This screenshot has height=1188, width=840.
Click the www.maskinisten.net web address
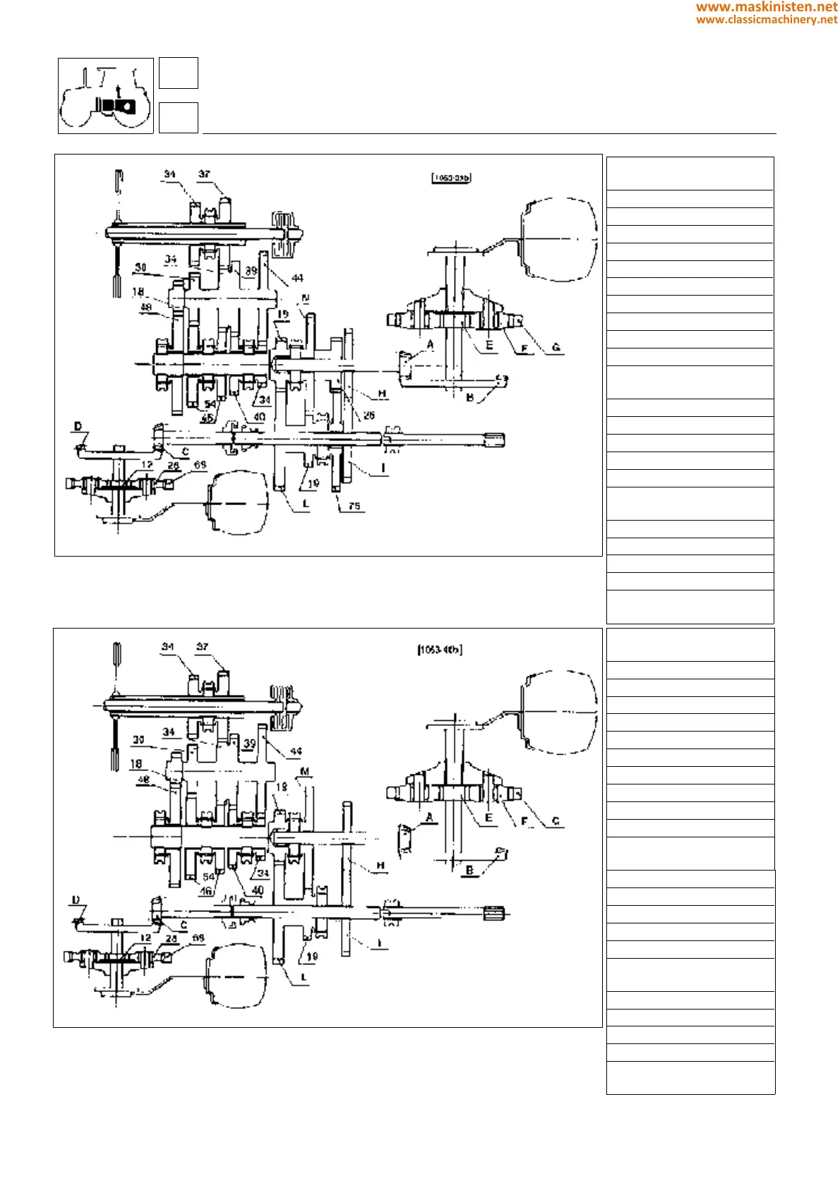[x=767, y=7]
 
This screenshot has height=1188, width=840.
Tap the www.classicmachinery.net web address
[x=767, y=20]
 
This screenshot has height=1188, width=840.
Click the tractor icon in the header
[x=106, y=96]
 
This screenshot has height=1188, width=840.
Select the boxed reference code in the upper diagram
[x=451, y=178]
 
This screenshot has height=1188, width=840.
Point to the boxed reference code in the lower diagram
[x=440, y=649]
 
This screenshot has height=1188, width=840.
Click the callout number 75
[x=354, y=506]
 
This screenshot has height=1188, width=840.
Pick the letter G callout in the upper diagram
[x=556, y=347]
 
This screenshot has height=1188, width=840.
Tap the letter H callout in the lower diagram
[x=380, y=866]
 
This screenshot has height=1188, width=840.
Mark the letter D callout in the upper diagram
[x=78, y=426]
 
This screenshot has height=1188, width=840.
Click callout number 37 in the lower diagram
[x=203, y=646]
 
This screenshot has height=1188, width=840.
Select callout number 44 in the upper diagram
[x=297, y=278]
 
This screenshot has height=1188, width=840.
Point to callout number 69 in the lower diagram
[x=198, y=938]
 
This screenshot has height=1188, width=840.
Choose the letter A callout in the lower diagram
[x=429, y=818]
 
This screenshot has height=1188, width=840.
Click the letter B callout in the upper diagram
[x=470, y=398]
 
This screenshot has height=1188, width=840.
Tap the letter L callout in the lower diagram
[x=304, y=977]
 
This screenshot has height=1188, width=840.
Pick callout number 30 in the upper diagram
[x=140, y=267]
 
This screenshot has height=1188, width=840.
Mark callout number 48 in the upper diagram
[x=146, y=308]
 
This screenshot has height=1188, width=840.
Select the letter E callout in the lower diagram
[x=488, y=818]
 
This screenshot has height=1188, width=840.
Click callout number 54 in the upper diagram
[x=210, y=404]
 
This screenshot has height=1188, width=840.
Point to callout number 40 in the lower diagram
[x=258, y=890]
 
